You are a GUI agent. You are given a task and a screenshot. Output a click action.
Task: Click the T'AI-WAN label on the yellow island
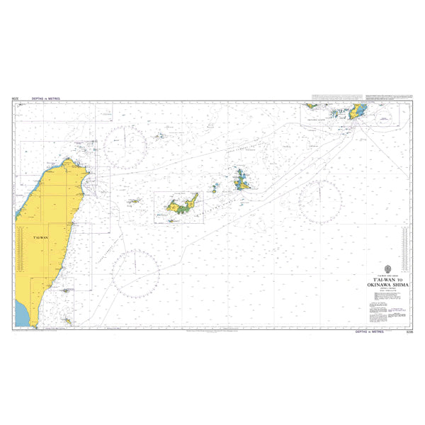[40, 237]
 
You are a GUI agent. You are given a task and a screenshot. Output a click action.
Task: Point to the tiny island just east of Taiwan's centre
[132, 201]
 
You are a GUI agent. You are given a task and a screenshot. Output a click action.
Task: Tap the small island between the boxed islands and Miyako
[214, 189]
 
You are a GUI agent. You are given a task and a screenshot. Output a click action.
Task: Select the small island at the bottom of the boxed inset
[171, 220]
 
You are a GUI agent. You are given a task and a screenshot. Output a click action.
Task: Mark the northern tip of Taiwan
[69, 159]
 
